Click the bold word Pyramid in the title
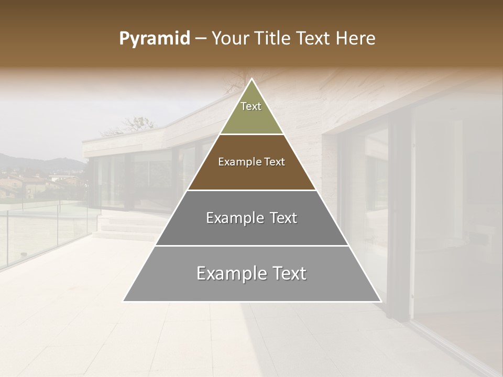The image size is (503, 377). pyautogui.click(x=154, y=39)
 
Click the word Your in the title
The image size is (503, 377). pyautogui.click(x=230, y=39)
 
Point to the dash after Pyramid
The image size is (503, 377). pyautogui.click(x=201, y=39)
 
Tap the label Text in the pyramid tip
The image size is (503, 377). pyautogui.click(x=251, y=106)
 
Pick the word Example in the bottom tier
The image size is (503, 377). pyautogui.click(x=231, y=273)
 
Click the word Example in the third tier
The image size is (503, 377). pyautogui.click(x=233, y=218)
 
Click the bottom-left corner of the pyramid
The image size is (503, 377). pyautogui.click(x=124, y=301)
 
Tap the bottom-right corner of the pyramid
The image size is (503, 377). pyautogui.click(x=380, y=301)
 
